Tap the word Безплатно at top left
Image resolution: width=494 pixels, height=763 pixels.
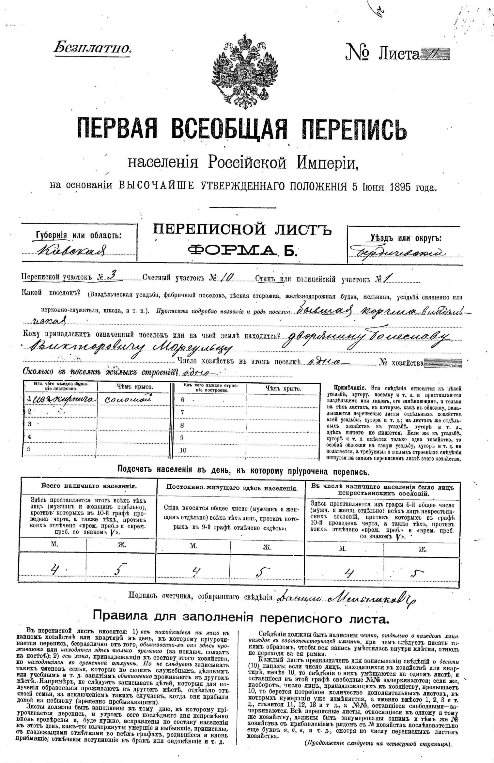[x=93, y=48]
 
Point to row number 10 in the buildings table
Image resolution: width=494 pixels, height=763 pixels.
[x=183, y=450]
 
